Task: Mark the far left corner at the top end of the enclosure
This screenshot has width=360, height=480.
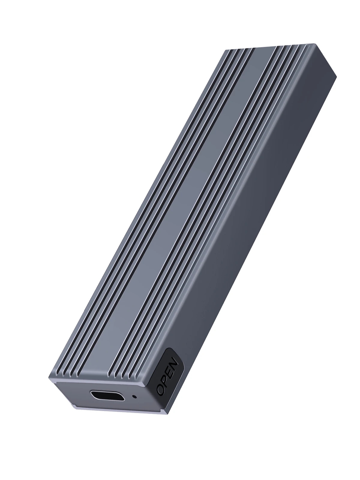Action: click(x=223, y=49)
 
